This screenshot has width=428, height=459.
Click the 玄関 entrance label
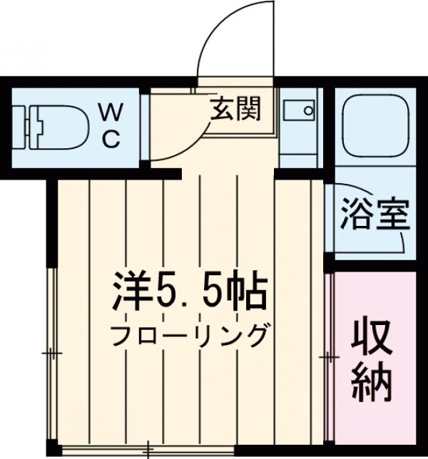[235, 110]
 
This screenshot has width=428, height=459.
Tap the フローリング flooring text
[191, 334]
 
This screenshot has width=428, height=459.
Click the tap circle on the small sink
[309, 110]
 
